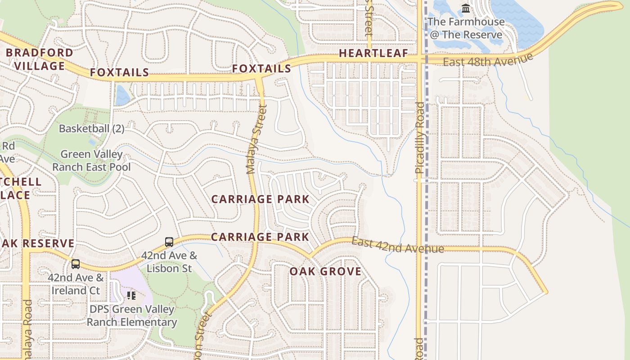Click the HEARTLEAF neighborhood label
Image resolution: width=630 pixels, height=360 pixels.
(x=373, y=53)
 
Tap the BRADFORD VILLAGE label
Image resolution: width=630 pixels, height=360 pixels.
(x=39, y=59)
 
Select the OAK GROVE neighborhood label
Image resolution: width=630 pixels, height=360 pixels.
(x=325, y=271)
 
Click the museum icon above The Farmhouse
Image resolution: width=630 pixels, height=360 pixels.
(x=466, y=9)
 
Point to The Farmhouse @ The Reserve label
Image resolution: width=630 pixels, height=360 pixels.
(x=466, y=28)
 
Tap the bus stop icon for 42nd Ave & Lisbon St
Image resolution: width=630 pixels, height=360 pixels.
(x=169, y=242)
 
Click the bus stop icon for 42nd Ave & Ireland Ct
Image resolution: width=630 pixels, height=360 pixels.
(x=76, y=264)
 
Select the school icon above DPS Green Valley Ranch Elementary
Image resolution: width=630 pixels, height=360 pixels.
(x=131, y=296)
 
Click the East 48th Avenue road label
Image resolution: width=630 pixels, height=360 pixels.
(x=488, y=60)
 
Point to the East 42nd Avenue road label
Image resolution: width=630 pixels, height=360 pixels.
(x=397, y=245)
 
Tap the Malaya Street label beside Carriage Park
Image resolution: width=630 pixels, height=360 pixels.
(x=256, y=139)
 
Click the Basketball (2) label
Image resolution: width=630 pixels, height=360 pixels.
(x=91, y=128)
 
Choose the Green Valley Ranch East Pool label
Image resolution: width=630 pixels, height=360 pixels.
(x=91, y=161)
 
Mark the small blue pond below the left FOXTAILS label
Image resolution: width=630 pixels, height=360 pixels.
(x=122, y=96)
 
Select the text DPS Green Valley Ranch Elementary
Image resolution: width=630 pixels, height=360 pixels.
(x=131, y=316)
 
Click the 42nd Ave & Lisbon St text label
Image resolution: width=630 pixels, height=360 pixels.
(x=169, y=262)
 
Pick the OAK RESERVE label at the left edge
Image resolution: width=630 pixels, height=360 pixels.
(x=37, y=243)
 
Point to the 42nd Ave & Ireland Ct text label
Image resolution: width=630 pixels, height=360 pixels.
(x=76, y=284)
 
